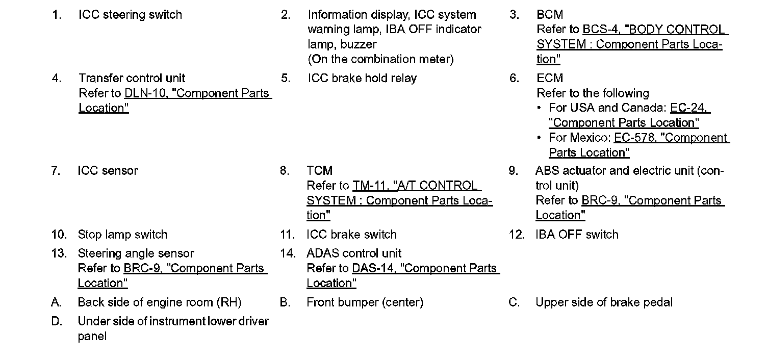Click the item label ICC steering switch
click(130, 15)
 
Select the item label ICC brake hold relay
click(362, 79)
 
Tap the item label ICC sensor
click(108, 171)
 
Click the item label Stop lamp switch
click(122, 235)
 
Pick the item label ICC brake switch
click(351, 235)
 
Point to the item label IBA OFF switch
click(577, 235)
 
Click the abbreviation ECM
click(550, 79)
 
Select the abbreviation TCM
click(320, 171)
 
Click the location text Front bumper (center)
click(365, 302)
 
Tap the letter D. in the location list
click(57, 322)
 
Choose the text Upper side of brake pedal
click(604, 302)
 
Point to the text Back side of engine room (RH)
click(160, 302)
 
